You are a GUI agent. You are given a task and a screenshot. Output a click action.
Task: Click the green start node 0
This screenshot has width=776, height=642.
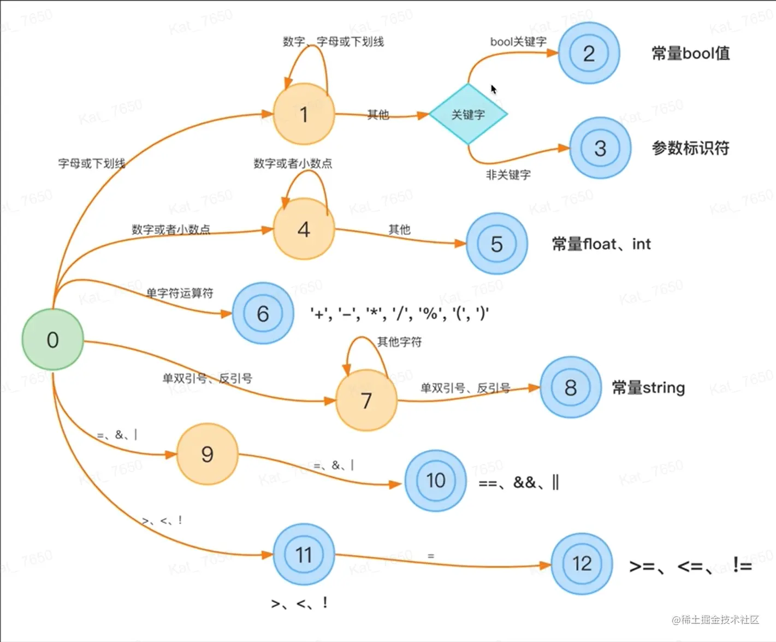[52, 339]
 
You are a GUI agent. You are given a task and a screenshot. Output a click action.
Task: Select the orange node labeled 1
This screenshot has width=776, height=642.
[304, 114]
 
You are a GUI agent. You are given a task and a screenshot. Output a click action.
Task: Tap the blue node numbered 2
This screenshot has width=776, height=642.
[589, 53]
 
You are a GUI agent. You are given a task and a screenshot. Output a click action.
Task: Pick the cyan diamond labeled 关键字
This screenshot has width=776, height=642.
[468, 114]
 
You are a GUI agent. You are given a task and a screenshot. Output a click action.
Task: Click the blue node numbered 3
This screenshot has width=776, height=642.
[600, 148]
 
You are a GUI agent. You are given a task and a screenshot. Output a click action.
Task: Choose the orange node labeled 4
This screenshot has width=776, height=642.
[304, 229]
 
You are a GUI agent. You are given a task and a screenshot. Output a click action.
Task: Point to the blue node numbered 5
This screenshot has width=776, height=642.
[496, 244]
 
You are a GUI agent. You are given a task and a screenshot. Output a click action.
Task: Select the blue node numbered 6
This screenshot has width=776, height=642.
[263, 314]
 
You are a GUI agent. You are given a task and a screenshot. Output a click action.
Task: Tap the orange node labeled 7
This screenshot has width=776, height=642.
[366, 400]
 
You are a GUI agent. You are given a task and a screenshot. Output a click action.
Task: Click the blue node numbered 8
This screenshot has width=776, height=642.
[570, 387]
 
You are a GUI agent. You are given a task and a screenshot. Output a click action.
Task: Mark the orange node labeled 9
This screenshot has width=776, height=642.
[207, 454]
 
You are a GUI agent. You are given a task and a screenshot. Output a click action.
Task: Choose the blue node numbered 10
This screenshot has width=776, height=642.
[435, 480]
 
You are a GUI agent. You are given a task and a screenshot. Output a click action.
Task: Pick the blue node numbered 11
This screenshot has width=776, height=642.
[304, 555]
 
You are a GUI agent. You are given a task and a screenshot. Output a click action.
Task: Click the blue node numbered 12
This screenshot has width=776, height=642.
[582, 563]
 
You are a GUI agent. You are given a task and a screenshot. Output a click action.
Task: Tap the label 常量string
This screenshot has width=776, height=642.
[648, 388]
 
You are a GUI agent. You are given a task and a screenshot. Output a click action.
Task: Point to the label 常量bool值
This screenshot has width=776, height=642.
[690, 54]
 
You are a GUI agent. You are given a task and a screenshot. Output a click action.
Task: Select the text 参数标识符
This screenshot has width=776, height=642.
[690, 148]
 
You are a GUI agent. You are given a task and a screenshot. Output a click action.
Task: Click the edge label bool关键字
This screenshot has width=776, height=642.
[518, 42]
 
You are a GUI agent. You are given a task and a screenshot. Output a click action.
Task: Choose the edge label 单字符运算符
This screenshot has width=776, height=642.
[180, 293]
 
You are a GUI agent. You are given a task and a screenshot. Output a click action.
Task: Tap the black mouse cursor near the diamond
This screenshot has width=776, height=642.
[493, 90]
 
